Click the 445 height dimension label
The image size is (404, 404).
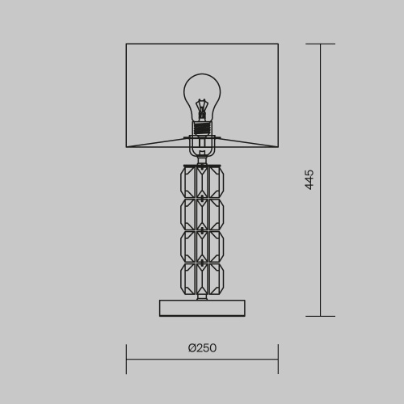[x=309, y=180]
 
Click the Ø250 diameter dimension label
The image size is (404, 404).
[x=202, y=348]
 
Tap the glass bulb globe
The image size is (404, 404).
[x=202, y=97]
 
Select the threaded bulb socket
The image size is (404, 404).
[x=202, y=128]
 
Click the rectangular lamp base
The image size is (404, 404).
[x=202, y=308]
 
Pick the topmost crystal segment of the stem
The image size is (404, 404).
[x=202, y=182]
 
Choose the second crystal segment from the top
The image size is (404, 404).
[x=202, y=214]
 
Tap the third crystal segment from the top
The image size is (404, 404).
[x=202, y=246]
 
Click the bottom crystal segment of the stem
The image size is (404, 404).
[x=202, y=279]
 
